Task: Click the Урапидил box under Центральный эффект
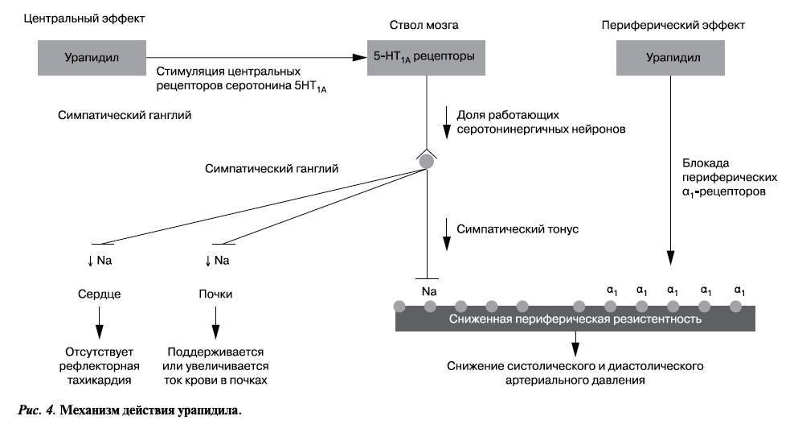click(91, 58)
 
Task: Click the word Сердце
click(100, 294)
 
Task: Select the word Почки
click(215, 294)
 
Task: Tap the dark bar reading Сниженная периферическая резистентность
click(575, 319)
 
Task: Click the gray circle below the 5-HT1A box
click(427, 161)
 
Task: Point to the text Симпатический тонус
click(518, 229)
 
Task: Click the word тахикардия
click(100, 379)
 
